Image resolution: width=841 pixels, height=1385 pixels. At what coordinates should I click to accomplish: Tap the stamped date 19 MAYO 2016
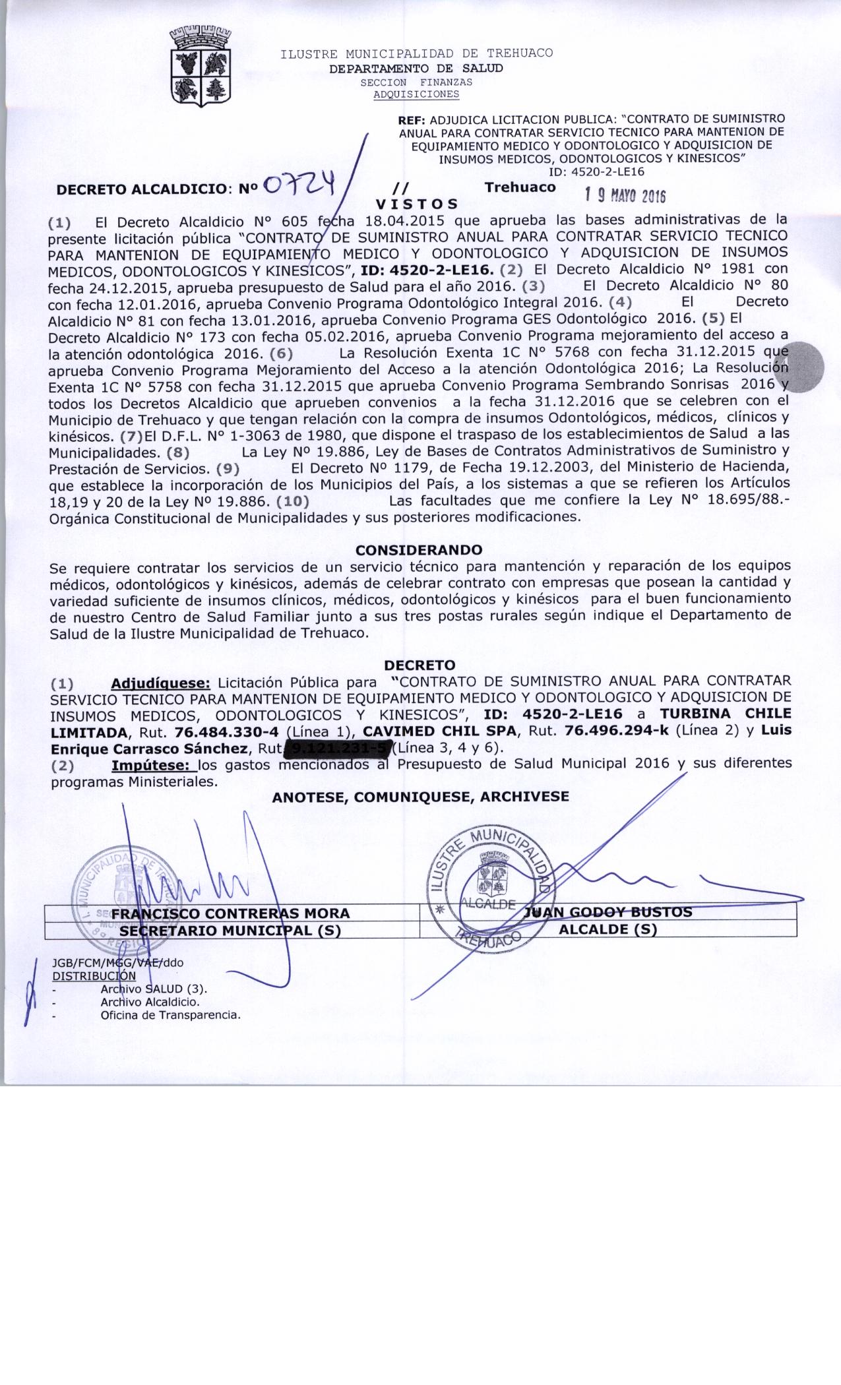625,196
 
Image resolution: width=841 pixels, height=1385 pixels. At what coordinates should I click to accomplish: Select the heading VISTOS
416,204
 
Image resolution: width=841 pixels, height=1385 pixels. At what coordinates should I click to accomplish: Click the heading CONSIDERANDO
419,549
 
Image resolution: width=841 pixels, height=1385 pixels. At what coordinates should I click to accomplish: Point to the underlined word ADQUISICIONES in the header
416,94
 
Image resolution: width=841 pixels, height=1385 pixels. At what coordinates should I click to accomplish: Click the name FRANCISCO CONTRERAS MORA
230,913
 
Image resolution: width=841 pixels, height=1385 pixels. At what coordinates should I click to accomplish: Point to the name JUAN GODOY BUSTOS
607,912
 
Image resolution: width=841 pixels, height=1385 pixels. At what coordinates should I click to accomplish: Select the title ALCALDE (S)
607,929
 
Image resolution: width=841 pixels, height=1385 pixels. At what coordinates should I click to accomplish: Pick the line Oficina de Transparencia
170,1015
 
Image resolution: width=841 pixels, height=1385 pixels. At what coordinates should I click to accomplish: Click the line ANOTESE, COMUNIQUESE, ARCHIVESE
420,796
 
